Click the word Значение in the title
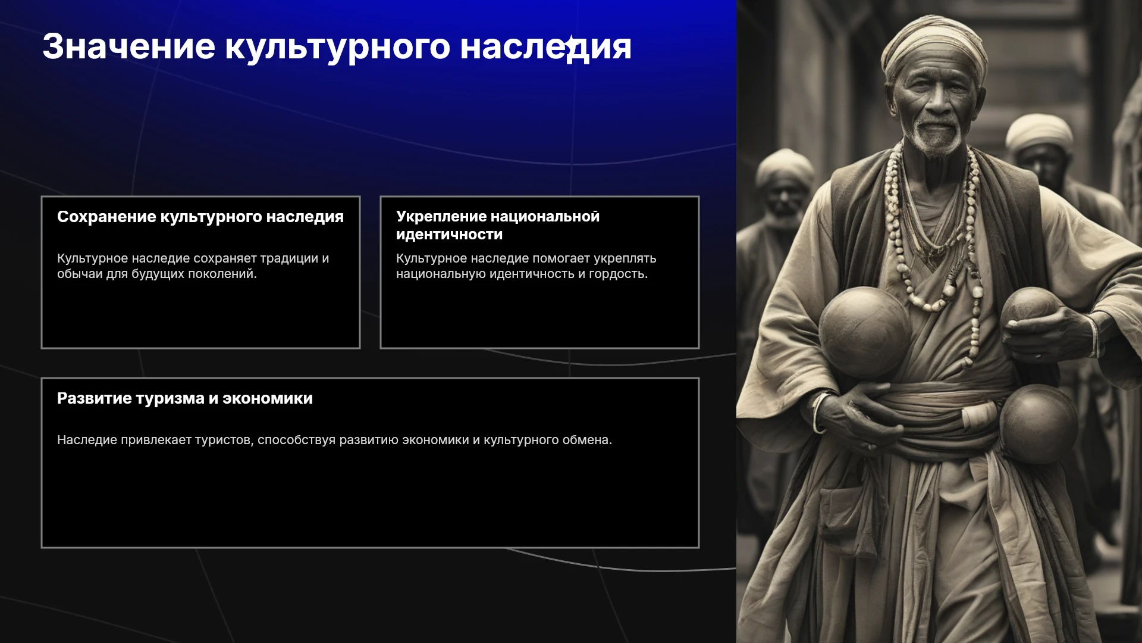[x=129, y=46]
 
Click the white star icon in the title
[x=572, y=45]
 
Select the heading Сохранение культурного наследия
[x=200, y=217]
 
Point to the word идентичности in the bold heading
[x=450, y=235]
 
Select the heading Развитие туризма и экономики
[x=185, y=398]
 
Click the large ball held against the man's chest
[x=865, y=331]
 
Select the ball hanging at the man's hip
[x=1038, y=423]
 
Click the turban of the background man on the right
[x=1039, y=131]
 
